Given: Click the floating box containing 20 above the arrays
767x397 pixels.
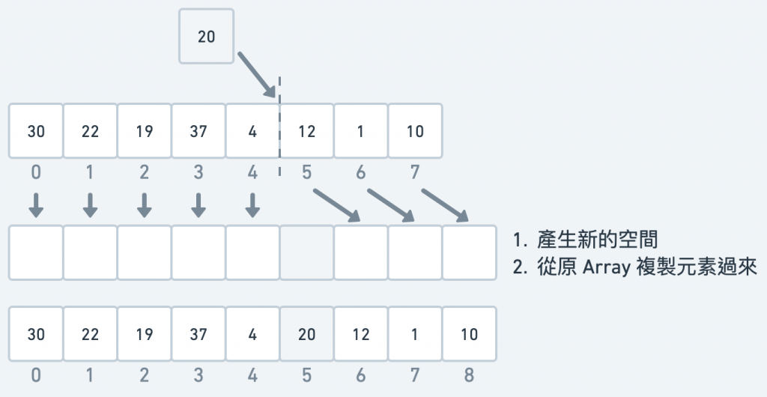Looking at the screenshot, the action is (206, 36).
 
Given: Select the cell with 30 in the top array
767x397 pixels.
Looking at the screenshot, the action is (36, 131).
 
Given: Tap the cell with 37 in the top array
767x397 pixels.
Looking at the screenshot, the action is (198, 131).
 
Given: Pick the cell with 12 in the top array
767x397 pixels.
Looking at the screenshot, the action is (306, 131).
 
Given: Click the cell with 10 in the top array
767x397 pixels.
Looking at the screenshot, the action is (415, 131).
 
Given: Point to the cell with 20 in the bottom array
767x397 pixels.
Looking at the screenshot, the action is (306, 334).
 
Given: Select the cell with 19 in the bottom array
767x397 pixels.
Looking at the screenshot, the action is (145, 334).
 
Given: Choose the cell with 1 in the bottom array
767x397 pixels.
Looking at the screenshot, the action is (415, 334).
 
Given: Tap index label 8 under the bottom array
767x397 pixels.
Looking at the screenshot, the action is (469, 375).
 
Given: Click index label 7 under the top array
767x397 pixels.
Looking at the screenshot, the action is (415, 173).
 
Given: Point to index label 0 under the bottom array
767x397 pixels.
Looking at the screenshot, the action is (36, 375).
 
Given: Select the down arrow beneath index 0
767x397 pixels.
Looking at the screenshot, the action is (36, 205).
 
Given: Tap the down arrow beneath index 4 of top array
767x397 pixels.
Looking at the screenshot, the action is (252, 205).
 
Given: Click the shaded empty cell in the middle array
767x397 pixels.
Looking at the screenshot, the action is (306, 252).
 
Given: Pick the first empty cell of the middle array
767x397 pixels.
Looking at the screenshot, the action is (36, 252).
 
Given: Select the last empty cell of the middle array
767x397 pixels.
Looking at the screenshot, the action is (469, 252).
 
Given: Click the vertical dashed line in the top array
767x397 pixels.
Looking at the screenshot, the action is (279, 127).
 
